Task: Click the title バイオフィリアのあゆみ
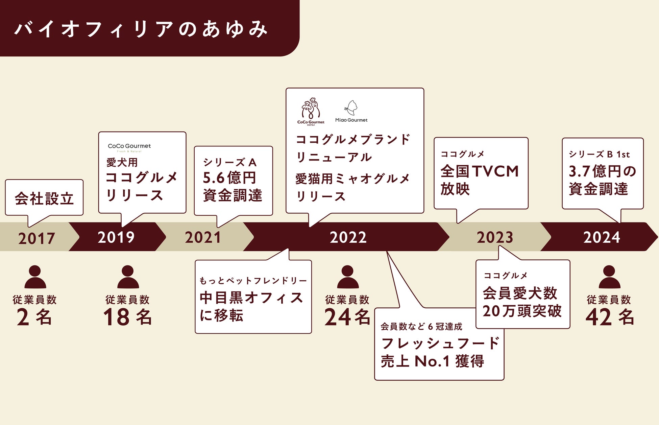[x=141, y=29]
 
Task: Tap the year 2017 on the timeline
[x=36, y=238]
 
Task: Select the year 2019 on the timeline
[x=116, y=237]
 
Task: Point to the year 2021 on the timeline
[x=203, y=237]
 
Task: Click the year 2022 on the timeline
[x=348, y=237]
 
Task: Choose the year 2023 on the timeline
[x=495, y=237]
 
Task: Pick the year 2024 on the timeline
[x=602, y=237]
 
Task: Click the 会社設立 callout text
[x=44, y=198]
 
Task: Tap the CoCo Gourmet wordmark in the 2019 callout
[x=129, y=146]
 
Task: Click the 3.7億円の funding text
[x=602, y=171]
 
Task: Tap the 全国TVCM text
[x=480, y=171]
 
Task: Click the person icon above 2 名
[x=35, y=277]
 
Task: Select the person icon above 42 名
[x=609, y=277]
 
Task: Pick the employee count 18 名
[x=127, y=317]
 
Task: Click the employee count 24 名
[x=347, y=317]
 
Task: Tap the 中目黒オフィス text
[x=251, y=298]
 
